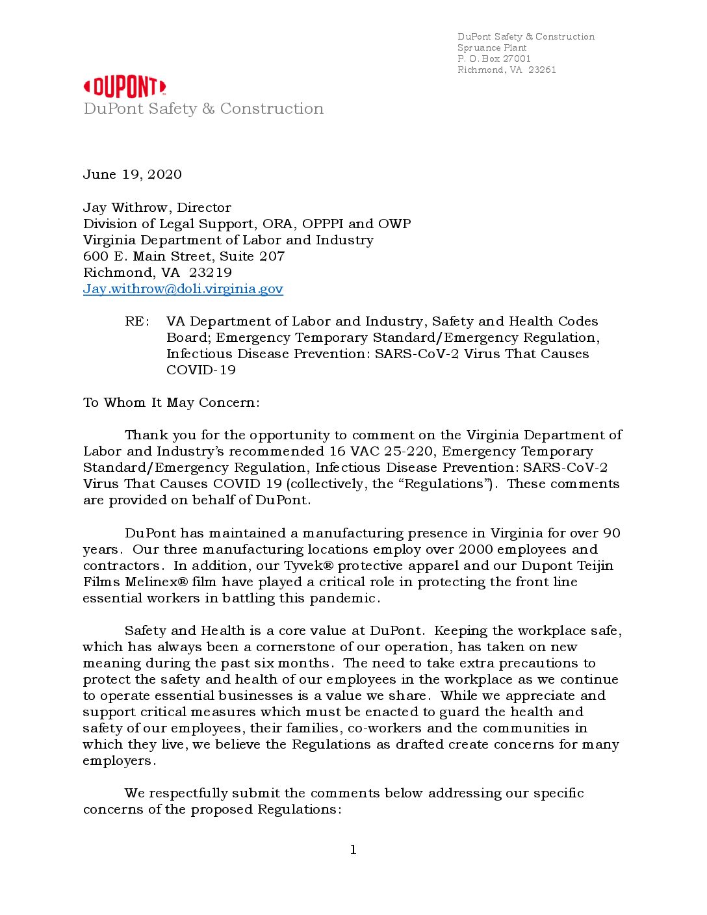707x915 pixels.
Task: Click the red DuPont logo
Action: click(x=125, y=87)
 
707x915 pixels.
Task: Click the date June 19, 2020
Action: click(x=133, y=174)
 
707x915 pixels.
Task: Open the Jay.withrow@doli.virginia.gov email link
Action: click(x=183, y=289)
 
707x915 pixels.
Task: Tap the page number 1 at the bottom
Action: click(x=353, y=850)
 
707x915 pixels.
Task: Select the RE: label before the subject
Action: click(x=137, y=322)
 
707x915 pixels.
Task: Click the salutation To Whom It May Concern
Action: click(x=171, y=403)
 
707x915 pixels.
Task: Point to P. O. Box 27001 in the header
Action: click(x=494, y=58)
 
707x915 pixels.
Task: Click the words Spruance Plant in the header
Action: click(x=492, y=47)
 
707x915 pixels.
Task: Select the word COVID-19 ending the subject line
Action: click(x=201, y=370)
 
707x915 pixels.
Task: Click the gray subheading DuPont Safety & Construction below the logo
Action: click(x=203, y=109)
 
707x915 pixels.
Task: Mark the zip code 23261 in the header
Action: click(x=542, y=70)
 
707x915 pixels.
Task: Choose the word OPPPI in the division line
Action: click(x=323, y=224)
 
